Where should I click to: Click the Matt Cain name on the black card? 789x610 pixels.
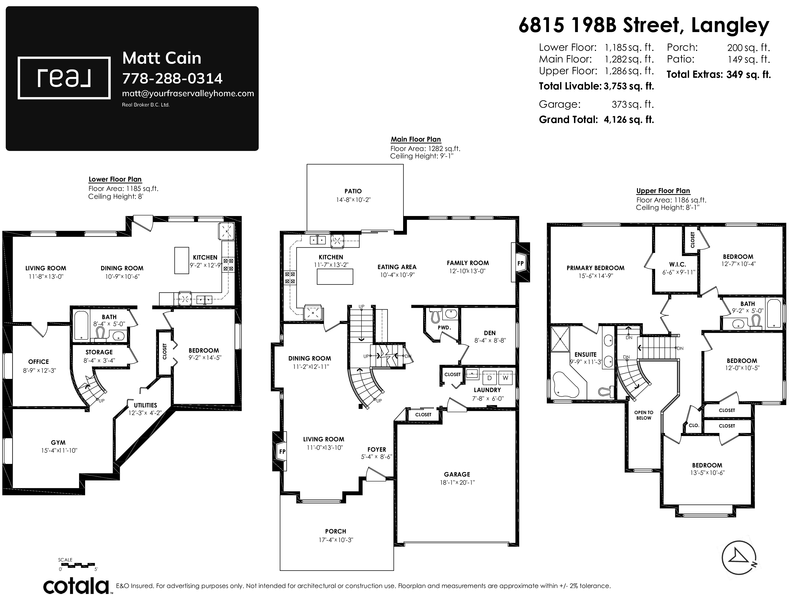161,58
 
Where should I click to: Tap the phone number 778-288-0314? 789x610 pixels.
172,78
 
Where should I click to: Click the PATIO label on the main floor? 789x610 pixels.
353,191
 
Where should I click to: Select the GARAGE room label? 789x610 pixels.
457,475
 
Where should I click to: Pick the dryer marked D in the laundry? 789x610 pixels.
490,378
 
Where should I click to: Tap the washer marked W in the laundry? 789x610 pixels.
505,378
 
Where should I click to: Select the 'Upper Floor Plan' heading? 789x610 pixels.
663,191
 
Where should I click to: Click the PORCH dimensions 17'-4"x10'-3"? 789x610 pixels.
336,540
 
